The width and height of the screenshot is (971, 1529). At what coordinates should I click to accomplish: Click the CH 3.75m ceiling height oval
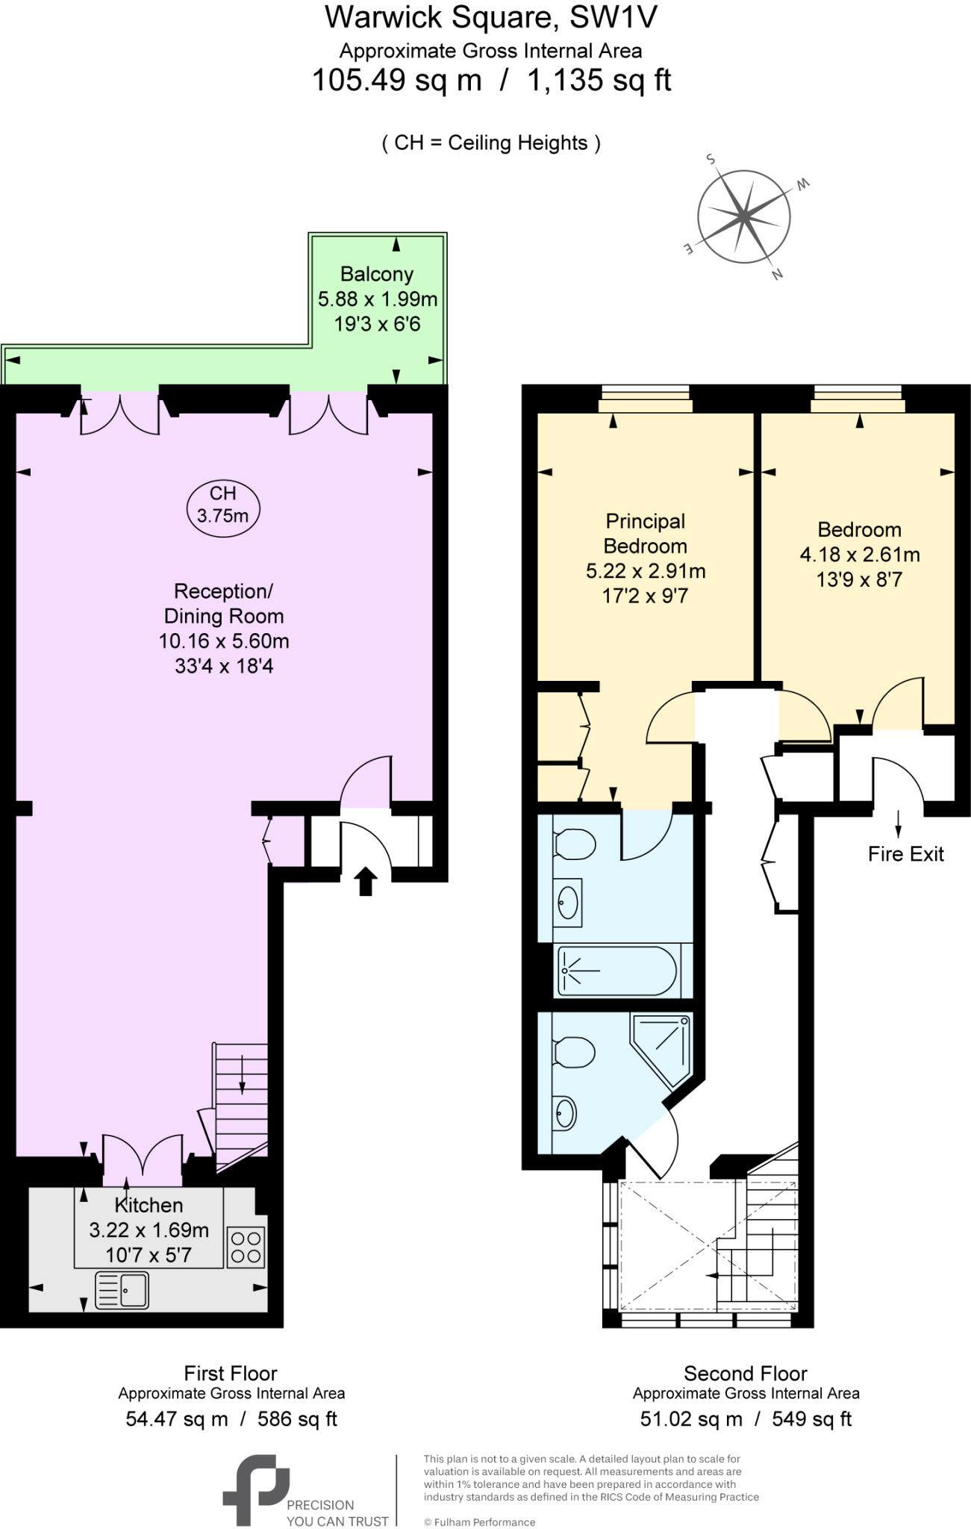(222, 504)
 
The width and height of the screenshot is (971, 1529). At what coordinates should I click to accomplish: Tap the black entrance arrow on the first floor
(365, 881)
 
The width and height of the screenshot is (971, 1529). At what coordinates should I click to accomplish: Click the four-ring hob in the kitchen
(246, 1247)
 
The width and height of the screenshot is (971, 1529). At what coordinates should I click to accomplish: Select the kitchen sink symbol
(123, 1290)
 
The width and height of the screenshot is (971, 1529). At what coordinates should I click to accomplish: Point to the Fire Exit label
(905, 854)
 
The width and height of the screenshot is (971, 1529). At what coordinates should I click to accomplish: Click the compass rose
(743, 217)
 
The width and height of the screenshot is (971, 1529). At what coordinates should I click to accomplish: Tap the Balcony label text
(377, 274)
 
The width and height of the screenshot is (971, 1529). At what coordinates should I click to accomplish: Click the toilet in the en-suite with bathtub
(575, 845)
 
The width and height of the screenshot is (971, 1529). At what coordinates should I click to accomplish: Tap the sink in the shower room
(566, 1113)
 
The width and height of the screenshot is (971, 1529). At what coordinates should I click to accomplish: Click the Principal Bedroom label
(646, 533)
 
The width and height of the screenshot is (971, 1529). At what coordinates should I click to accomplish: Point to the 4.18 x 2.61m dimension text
(859, 555)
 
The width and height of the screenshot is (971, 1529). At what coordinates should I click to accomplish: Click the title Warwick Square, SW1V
(490, 17)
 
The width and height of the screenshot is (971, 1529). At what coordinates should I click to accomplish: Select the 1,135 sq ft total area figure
(599, 80)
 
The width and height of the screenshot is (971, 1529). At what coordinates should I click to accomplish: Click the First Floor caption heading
(231, 1374)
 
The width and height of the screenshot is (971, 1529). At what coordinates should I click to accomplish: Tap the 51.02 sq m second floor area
(691, 1419)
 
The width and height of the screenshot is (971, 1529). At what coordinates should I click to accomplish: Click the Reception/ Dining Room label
(224, 603)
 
